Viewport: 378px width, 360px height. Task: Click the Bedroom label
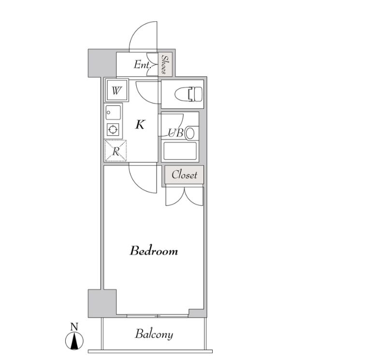tap(154, 251)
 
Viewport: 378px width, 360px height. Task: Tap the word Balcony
tap(154, 334)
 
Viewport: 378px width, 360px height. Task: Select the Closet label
tap(184, 174)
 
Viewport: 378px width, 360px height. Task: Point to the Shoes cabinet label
tap(165, 64)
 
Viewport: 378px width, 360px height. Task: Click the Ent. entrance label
tap(142, 65)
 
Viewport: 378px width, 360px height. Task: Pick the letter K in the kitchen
tap(140, 125)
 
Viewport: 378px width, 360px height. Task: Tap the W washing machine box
tap(116, 90)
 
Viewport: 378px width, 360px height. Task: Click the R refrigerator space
tap(116, 151)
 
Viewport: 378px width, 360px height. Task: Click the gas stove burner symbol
tap(113, 130)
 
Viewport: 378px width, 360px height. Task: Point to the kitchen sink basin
tap(113, 113)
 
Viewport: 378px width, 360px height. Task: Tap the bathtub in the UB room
tap(180, 151)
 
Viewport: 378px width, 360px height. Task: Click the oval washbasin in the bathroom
tap(190, 133)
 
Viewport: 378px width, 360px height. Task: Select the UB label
tap(176, 133)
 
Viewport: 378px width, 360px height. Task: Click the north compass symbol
tap(74, 341)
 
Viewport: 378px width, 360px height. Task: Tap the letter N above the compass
tap(74, 327)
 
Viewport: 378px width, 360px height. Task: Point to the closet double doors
tap(185, 196)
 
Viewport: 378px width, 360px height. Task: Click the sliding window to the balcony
tap(158, 316)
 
